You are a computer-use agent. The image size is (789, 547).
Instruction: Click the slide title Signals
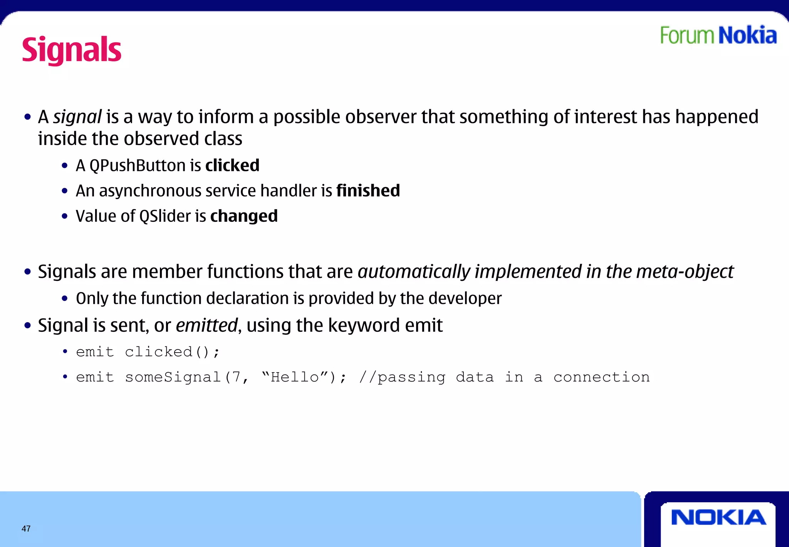[72, 50]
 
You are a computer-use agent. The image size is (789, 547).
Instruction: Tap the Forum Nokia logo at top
[718, 35]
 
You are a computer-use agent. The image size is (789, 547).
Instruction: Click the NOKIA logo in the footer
[718, 517]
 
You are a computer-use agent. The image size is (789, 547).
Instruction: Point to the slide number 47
[26, 528]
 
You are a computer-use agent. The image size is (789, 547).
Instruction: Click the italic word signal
[77, 117]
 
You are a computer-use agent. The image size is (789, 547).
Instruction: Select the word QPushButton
[138, 166]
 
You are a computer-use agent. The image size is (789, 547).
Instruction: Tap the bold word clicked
[232, 166]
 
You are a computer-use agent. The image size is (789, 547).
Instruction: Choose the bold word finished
[368, 191]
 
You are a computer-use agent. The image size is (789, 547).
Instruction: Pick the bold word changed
[244, 216]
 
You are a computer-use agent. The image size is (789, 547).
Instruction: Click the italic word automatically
[414, 272]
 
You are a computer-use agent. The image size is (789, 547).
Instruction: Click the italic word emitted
[206, 325]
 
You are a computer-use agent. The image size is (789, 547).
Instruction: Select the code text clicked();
[172, 352]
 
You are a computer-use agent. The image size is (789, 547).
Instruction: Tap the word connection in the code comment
[601, 377]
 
